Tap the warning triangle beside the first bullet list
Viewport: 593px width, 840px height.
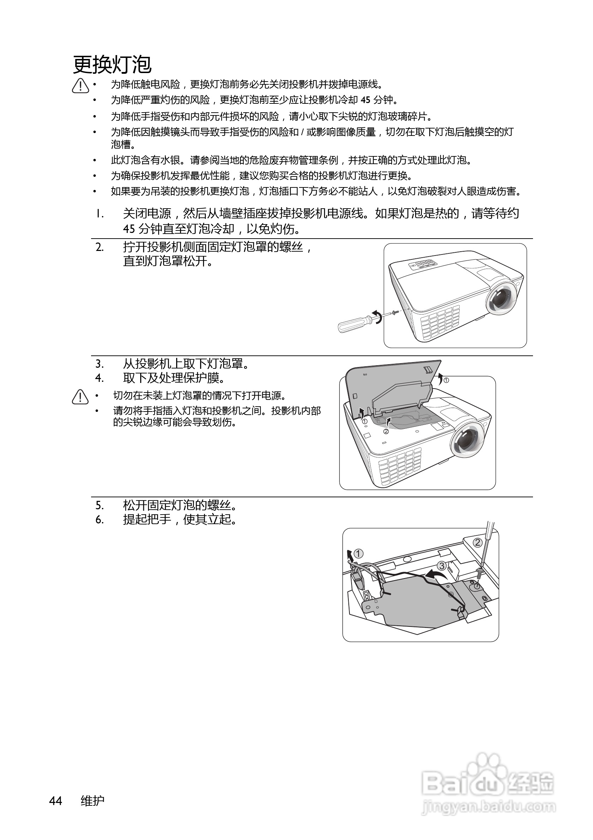tap(80, 86)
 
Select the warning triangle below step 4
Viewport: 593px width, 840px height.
tap(80, 397)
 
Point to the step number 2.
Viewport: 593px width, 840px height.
tap(100, 247)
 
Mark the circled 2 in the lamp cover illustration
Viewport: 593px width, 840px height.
tap(386, 431)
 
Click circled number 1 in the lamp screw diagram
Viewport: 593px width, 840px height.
tap(359, 553)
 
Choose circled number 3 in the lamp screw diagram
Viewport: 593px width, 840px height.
tap(442, 566)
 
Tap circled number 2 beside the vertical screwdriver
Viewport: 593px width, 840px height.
tap(477, 542)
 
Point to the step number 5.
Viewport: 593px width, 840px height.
tap(100, 506)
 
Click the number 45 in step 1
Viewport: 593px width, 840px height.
tap(129, 229)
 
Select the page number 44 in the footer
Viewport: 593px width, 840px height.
tap(56, 801)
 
